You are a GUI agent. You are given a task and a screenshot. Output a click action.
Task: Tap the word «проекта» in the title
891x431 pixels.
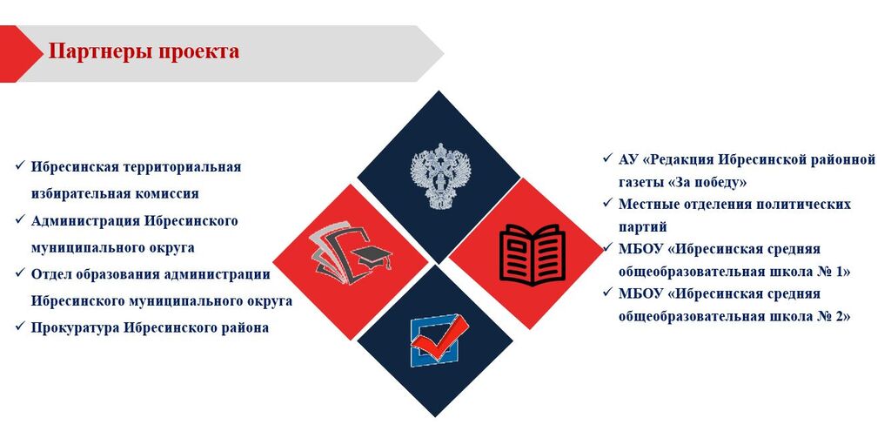point(198,52)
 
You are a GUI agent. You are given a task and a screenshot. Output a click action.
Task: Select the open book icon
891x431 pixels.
point(532,254)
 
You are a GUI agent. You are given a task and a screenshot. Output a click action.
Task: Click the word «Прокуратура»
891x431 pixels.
point(77,328)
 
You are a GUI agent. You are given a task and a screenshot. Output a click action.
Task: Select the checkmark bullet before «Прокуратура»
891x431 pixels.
point(21,326)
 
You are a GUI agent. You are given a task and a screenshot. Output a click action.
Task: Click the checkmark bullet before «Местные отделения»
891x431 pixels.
point(608,202)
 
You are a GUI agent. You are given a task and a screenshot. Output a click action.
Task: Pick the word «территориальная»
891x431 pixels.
point(184,167)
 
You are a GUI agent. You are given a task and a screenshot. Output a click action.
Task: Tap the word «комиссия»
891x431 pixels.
point(167,194)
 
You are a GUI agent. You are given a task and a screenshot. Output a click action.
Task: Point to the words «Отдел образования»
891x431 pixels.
point(96,274)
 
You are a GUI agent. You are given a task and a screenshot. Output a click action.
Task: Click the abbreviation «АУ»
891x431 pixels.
point(628,159)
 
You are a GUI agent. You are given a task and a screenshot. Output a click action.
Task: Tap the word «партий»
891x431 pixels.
point(643,227)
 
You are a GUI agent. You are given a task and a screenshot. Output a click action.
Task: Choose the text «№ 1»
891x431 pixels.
point(834,272)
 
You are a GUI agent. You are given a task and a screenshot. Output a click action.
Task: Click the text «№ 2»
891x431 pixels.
point(834,317)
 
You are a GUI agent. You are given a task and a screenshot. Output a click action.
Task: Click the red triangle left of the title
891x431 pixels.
point(17,54)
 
